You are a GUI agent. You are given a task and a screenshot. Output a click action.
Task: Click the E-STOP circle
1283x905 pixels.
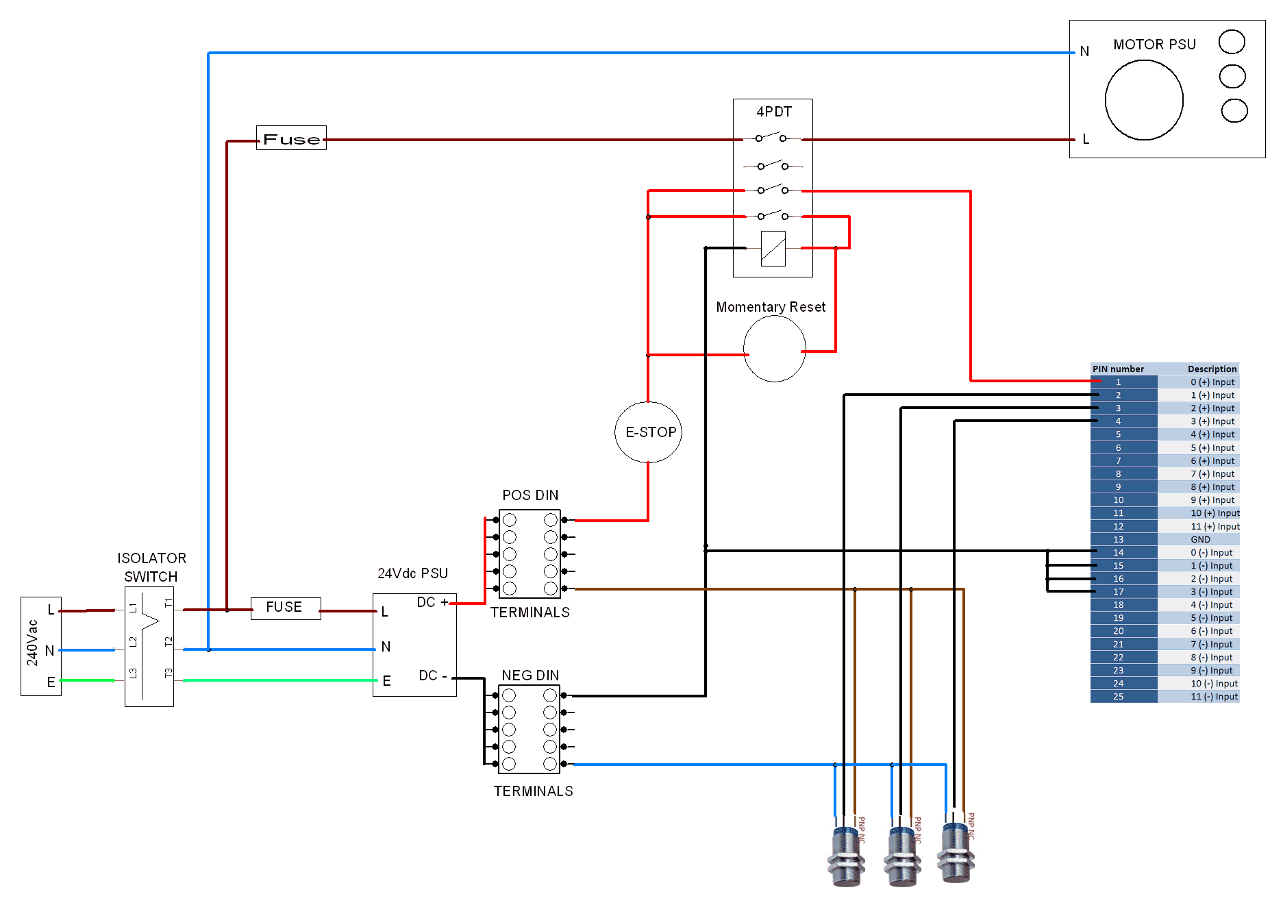click(648, 432)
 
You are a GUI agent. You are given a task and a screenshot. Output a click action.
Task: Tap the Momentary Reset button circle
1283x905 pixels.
click(774, 349)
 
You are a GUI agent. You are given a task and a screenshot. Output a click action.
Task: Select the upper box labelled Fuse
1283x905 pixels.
click(291, 138)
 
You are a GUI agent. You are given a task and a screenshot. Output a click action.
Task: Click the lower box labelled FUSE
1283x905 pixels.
click(285, 608)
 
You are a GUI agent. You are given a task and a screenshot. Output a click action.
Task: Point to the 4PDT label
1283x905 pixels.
click(773, 112)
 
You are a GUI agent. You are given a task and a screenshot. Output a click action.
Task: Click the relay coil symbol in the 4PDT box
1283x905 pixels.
click(773, 249)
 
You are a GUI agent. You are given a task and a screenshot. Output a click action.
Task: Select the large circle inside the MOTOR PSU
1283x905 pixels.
click(1143, 100)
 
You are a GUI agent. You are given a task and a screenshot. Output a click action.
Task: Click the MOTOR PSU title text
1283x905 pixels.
click(1154, 45)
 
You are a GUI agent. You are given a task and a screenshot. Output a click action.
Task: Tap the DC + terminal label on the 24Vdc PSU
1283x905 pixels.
click(432, 602)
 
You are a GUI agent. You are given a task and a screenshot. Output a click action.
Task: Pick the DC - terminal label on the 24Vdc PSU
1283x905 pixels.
click(432, 676)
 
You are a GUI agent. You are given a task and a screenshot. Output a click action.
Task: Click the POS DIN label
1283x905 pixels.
click(530, 495)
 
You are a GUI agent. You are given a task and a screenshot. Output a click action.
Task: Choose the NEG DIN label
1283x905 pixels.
click(530, 675)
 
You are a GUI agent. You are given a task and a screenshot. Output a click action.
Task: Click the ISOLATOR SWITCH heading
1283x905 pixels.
click(151, 567)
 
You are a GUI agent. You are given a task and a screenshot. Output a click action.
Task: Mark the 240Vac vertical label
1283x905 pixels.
click(32, 643)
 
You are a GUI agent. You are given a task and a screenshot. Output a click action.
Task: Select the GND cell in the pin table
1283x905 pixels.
click(1200, 539)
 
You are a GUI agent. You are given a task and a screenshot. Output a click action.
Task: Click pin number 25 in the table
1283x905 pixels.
click(1118, 697)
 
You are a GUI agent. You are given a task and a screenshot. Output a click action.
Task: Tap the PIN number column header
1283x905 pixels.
click(1118, 369)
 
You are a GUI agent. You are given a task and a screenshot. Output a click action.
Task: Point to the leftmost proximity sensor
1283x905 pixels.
click(846, 856)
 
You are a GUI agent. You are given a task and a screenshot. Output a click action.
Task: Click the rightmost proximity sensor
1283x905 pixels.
click(956, 853)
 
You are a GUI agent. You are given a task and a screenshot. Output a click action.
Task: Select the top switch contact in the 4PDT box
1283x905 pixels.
click(771, 137)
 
